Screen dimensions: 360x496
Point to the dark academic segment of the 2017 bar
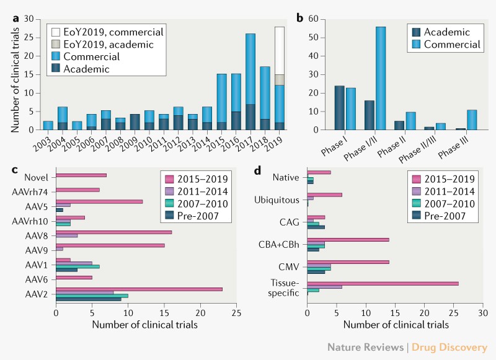pos(250,117)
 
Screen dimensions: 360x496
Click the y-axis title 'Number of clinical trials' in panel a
pos(10,74)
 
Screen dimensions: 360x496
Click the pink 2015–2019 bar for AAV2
pos(139,289)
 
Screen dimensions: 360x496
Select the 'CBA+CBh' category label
pos(282,244)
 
